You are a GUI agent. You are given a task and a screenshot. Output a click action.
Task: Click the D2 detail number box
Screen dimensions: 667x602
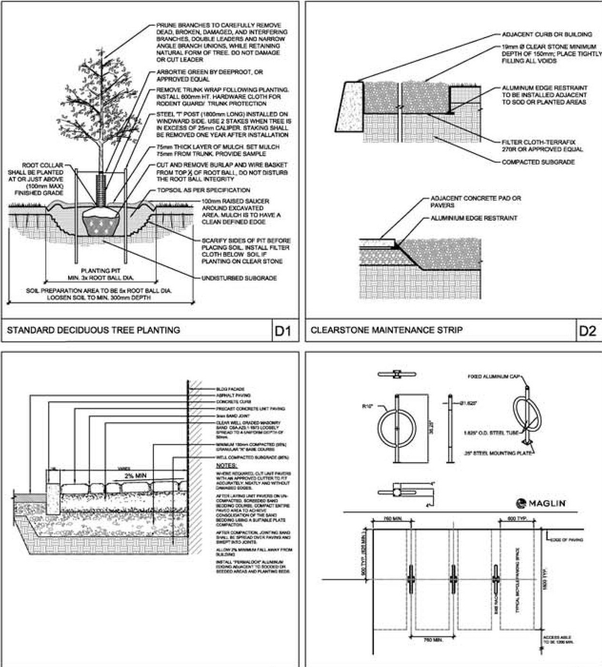(x=587, y=332)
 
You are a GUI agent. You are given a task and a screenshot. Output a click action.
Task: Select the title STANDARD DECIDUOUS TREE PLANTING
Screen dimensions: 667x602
(x=93, y=331)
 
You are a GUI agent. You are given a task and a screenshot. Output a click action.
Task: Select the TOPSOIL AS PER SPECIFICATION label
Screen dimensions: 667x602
(x=203, y=190)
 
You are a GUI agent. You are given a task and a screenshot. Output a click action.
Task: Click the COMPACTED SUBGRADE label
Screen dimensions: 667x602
(x=538, y=161)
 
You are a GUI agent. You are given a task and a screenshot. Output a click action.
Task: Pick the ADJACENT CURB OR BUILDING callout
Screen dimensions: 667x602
(x=539, y=35)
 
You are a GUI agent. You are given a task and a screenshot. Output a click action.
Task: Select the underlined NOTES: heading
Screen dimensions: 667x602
(x=226, y=464)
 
